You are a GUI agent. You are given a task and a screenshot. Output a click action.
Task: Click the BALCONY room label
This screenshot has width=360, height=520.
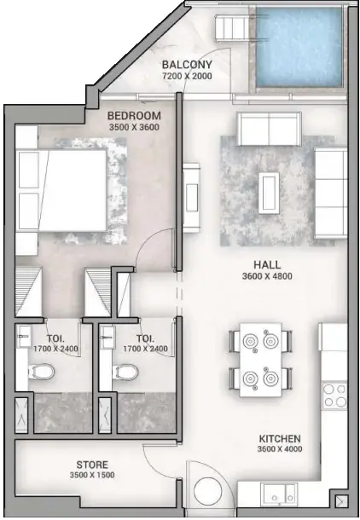click(188, 64)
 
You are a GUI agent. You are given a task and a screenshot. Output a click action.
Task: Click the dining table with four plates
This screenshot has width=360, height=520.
click(259, 359)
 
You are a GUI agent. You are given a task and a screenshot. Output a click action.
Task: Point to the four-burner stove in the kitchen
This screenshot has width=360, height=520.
click(333, 394)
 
